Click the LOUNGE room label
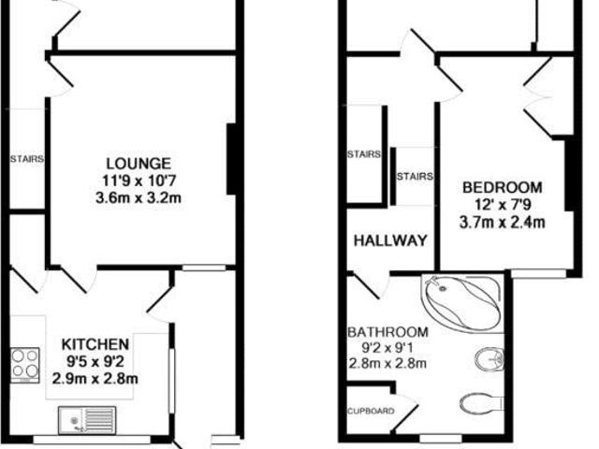pos(138,163)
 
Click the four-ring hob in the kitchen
pos(25,363)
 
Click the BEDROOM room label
pos(503,187)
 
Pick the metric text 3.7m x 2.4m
pos(503,222)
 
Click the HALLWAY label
pos(390,240)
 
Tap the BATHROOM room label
pos(387,332)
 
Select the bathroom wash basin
pos(489,358)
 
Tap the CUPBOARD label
pos(370,411)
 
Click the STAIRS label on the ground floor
pos(26,159)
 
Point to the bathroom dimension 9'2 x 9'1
pos(387,348)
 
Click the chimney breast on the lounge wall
pos(231,159)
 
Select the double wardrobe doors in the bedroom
pos(543,96)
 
